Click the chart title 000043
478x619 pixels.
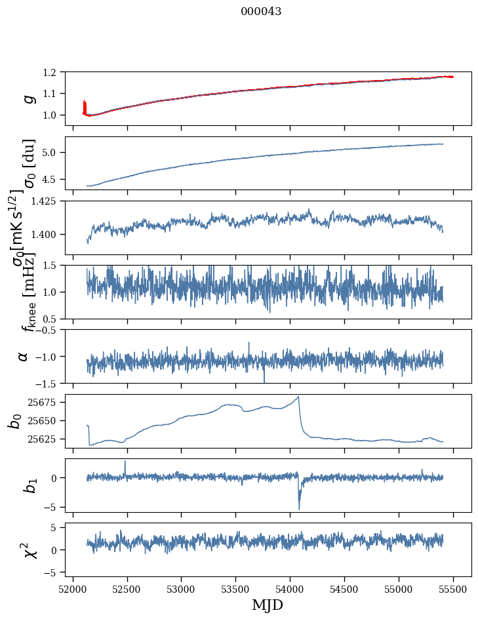261,12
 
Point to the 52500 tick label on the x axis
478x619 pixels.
127,588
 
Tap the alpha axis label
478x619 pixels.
23,356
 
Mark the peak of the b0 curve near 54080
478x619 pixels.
299,397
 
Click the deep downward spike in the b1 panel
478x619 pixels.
299,508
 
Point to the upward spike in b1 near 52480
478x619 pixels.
125,462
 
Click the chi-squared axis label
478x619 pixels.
24,550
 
